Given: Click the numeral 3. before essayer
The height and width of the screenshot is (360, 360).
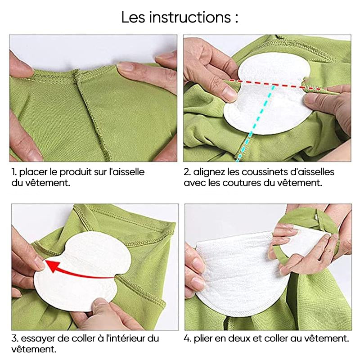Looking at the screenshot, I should click(15, 338).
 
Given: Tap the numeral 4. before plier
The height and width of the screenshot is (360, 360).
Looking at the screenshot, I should click(188, 338).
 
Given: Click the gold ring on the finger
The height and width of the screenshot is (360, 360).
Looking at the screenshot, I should click(329, 251).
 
